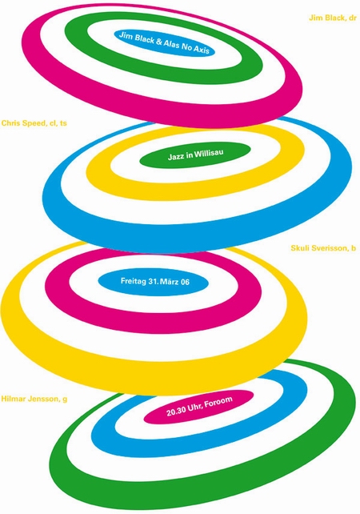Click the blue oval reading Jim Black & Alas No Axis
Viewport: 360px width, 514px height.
click(165, 42)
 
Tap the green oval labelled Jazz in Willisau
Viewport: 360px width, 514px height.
click(195, 155)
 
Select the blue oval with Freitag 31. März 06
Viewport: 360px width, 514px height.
click(154, 282)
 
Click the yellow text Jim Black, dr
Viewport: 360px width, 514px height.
click(333, 18)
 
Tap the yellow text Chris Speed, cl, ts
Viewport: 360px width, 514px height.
click(34, 123)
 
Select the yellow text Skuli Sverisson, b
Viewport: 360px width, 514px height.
click(323, 248)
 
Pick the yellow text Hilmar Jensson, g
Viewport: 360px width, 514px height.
click(34, 399)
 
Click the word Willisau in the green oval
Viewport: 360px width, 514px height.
click(209, 153)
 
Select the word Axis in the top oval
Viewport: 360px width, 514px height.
click(201, 50)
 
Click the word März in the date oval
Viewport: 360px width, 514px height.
click(170, 282)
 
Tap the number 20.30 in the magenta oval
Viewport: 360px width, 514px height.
click(176, 411)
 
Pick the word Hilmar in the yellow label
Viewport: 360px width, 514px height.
click(14, 399)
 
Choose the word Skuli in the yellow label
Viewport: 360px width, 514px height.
click(299, 248)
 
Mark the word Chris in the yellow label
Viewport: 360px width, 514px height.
click(10, 123)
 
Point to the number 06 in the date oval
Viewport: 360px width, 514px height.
click(185, 282)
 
